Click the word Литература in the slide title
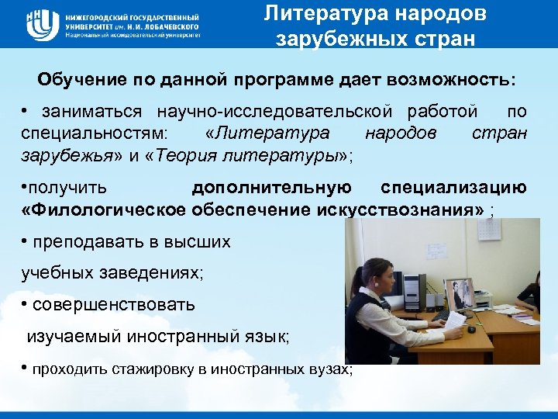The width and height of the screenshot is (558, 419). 319,14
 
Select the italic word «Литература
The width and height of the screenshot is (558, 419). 267,133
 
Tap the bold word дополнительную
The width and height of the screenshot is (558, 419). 271,188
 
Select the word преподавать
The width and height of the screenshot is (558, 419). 97,242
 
